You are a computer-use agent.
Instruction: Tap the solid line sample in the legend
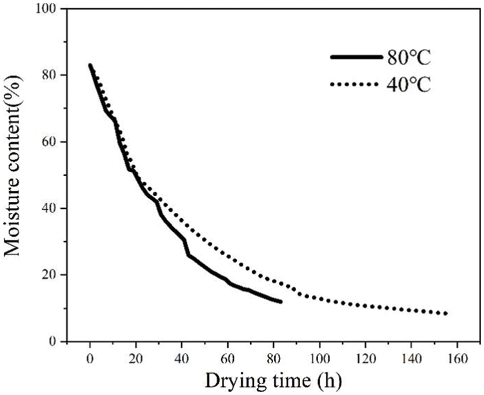pyautogui.click(x=356, y=57)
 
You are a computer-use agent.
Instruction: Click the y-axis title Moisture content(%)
pyautogui.click(x=16, y=174)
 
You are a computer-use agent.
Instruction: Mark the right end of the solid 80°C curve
pyautogui.click(x=281, y=301)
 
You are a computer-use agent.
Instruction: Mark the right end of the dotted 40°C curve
pyautogui.click(x=446, y=314)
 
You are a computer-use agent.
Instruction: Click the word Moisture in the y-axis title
pyautogui.click(x=16, y=219)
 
